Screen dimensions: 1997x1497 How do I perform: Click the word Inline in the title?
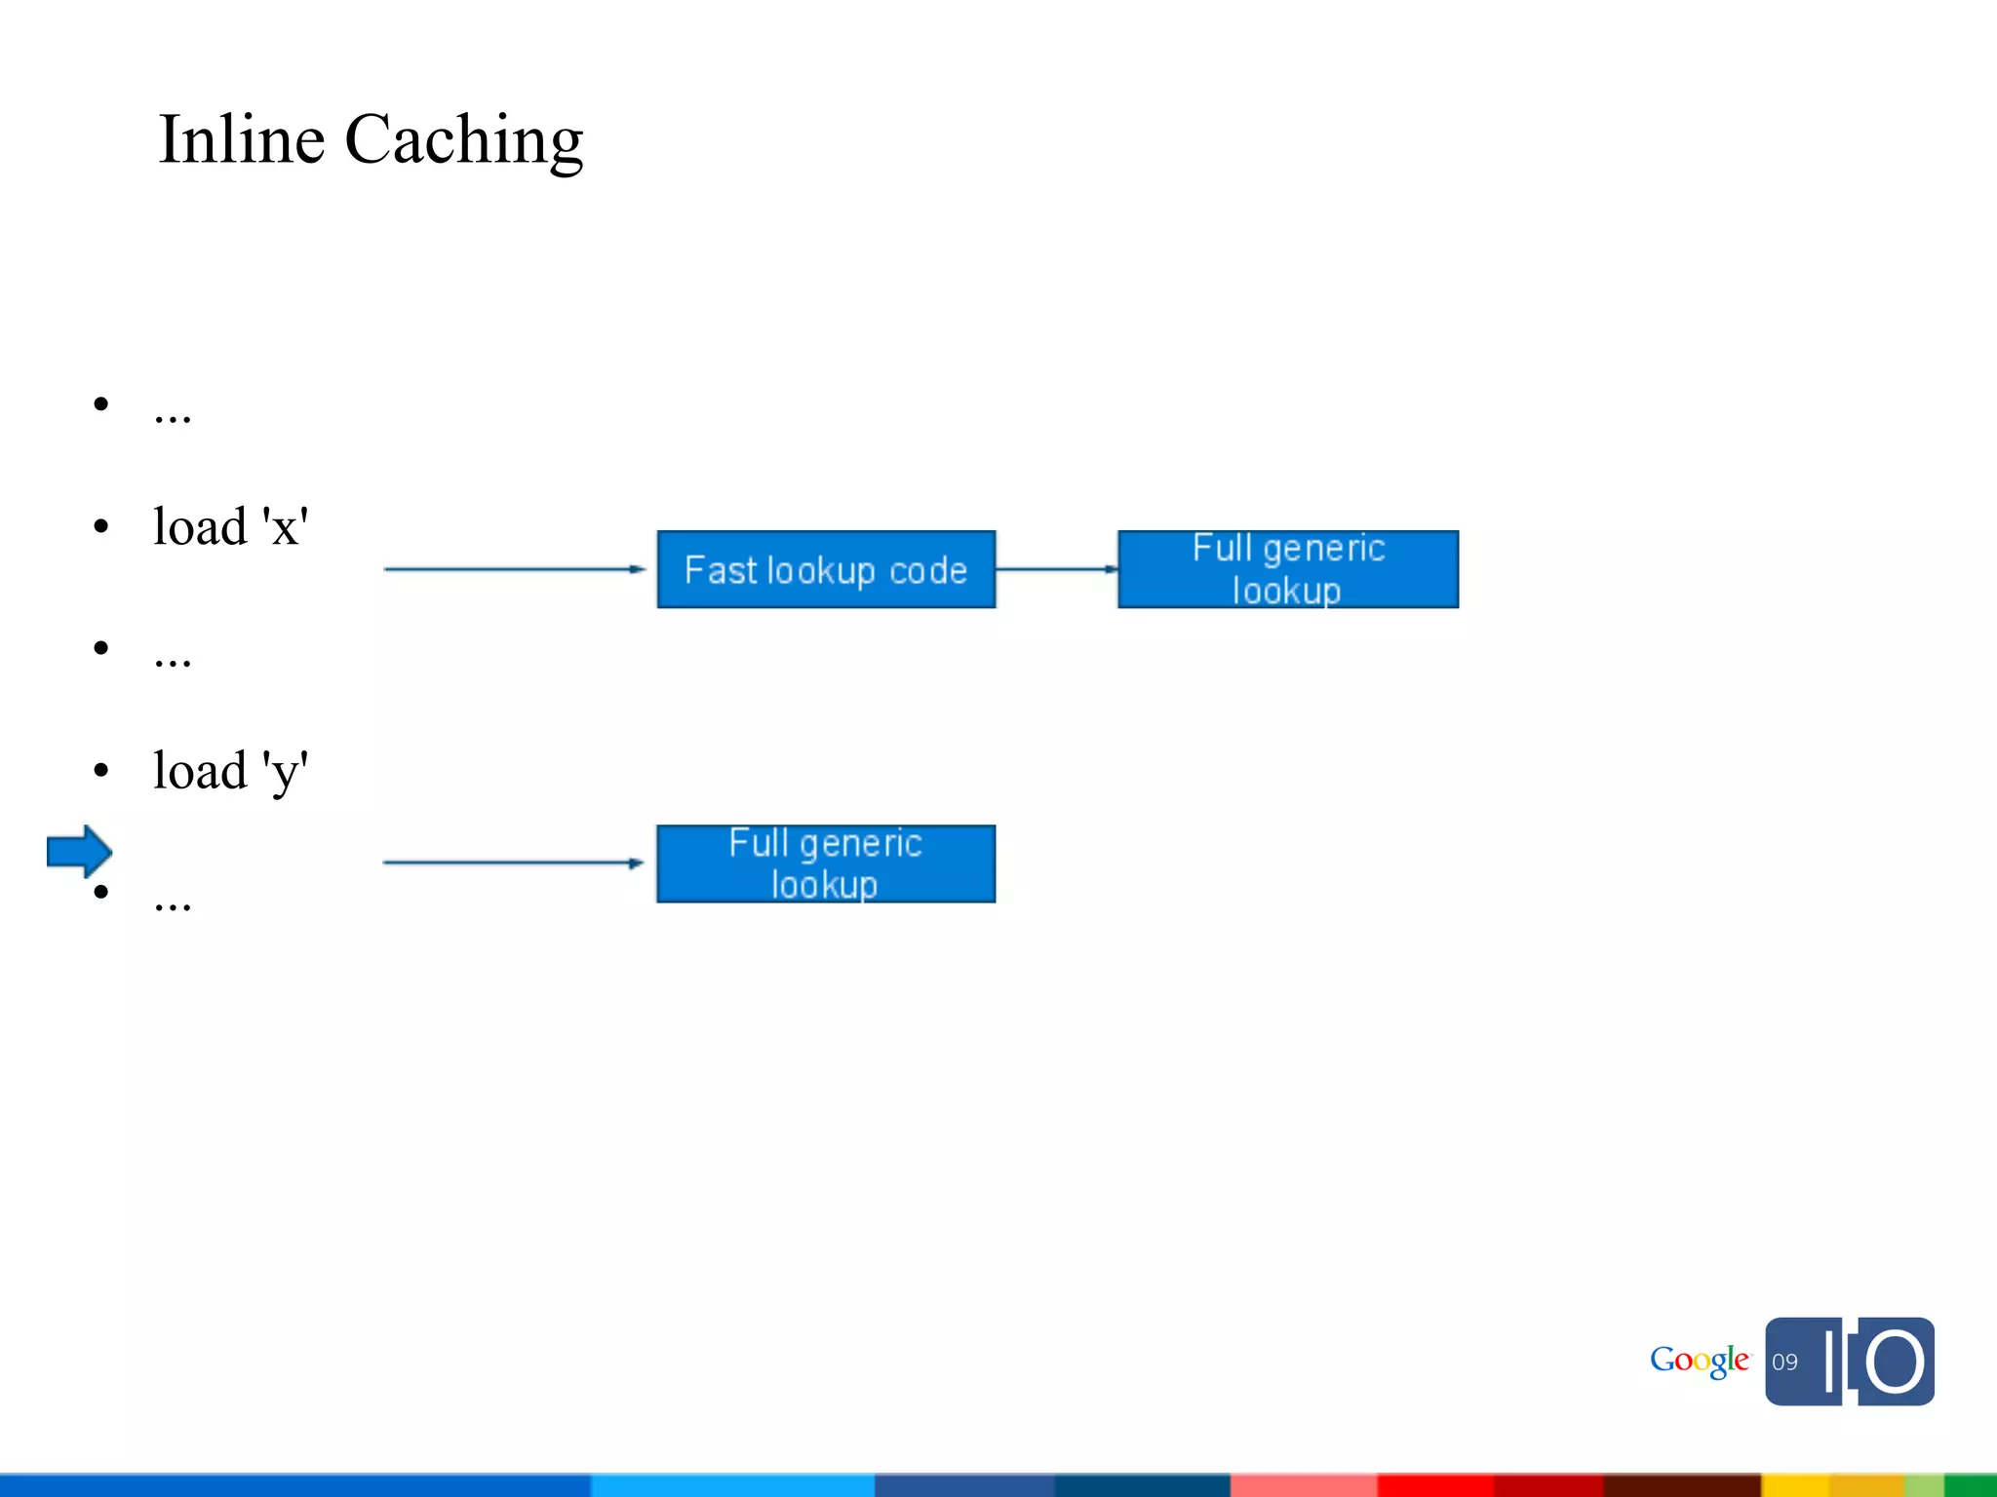click(x=242, y=139)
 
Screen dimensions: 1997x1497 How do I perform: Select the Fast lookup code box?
click(x=826, y=570)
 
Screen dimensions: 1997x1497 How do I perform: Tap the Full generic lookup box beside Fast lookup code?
click(x=1287, y=570)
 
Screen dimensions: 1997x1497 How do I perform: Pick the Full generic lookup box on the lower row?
click(x=826, y=864)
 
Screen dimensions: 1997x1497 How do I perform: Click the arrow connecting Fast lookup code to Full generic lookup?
click(x=1057, y=569)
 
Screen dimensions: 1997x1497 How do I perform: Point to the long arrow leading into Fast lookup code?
click(x=514, y=569)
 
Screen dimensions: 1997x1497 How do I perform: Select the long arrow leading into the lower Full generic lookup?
click(x=513, y=863)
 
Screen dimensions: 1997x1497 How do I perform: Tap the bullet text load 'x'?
click(x=230, y=527)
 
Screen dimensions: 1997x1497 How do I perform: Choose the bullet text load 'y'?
click(x=230, y=771)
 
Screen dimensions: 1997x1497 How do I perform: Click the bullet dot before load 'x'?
click(x=101, y=527)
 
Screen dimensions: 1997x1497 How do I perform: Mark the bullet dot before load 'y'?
click(x=101, y=771)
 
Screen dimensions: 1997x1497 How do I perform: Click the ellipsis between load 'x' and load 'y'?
click(x=173, y=661)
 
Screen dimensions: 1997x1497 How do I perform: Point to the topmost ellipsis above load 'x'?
click(x=173, y=417)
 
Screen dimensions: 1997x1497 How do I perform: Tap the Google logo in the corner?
click(x=1699, y=1361)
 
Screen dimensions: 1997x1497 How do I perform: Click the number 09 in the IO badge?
click(x=1784, y=1363)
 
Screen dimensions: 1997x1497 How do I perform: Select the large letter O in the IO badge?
click(x=1896, y=1362)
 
